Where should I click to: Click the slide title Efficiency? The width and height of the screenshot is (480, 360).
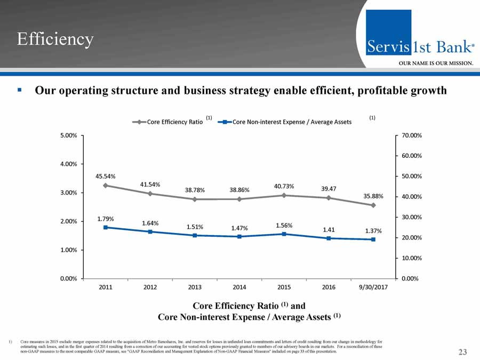click(55, 39)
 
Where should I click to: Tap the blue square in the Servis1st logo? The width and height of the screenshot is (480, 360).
click(388, 32)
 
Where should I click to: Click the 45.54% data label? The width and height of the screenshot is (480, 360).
click(106, 175)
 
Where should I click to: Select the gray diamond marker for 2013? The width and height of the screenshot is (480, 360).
click(195, 199)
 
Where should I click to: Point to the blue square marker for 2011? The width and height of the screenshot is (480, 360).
click(106, 227)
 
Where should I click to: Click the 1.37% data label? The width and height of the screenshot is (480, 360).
click(373, 230)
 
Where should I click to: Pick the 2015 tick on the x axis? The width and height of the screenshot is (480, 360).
click(284, 287)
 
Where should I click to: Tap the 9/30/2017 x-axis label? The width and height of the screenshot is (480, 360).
click(373, 287)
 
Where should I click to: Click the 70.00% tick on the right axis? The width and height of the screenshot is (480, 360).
click(411, 135)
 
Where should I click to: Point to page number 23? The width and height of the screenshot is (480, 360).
click(462, 351)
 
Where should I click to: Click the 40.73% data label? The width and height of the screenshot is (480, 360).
click(284, 186)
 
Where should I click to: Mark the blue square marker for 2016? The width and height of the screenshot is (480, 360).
click(329, 238)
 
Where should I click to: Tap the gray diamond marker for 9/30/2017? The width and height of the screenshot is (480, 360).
click(373, 205)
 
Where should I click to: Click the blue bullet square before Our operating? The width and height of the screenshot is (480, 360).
click(19, 91)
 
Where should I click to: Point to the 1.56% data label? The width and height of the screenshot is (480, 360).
click(284, 225)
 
